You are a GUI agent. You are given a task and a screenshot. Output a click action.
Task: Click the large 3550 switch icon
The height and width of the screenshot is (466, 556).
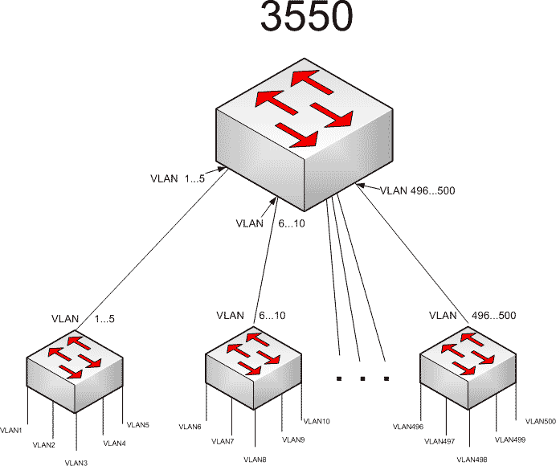tap(305, 133)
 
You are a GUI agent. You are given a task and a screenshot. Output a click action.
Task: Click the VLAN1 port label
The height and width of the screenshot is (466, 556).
tap(11, 430)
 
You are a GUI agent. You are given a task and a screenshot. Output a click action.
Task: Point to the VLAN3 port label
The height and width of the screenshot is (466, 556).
tap(77, 462)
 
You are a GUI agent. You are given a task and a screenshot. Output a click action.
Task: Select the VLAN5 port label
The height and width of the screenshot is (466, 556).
tap(137, 424)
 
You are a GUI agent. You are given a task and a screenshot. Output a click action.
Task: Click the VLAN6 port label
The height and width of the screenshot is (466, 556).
tap(190, 427)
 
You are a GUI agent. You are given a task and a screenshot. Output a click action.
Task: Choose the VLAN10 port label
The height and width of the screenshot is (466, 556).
tap(317, 421)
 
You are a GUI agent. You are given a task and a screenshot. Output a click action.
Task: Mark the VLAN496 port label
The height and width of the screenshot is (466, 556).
tap(407, 427)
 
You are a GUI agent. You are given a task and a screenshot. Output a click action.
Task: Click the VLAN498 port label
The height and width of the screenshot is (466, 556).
tap(471, 459)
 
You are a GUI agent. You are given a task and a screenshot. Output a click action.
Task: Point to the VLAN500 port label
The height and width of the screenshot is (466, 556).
tap(540, 420)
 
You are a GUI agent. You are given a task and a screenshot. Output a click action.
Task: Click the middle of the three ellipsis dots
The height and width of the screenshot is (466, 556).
tap(363, 377)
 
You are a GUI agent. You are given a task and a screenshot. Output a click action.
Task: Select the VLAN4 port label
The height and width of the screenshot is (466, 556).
tap(115, 443)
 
